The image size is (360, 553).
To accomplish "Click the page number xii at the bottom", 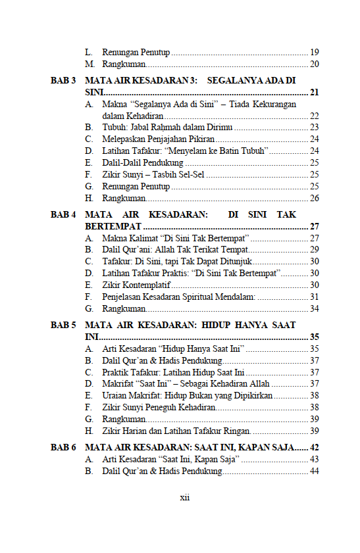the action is tap(185, 498).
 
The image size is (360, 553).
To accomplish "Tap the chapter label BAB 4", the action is tap(63, 214).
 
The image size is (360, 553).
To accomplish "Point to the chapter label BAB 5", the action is tap(63, 325).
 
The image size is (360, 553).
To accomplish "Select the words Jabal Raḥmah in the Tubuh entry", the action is tap(157, 127).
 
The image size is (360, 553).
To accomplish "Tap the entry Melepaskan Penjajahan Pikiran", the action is tap(159, 139).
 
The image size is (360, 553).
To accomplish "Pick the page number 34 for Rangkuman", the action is tap(315, 308).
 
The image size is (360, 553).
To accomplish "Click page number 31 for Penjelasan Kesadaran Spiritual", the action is tap(315, 297).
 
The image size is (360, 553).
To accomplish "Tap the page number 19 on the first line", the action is tap(315, 52).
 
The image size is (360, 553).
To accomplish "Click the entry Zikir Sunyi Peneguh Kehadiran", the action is tap(159, 408).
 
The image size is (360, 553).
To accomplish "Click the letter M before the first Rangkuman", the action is tap(89, 64).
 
